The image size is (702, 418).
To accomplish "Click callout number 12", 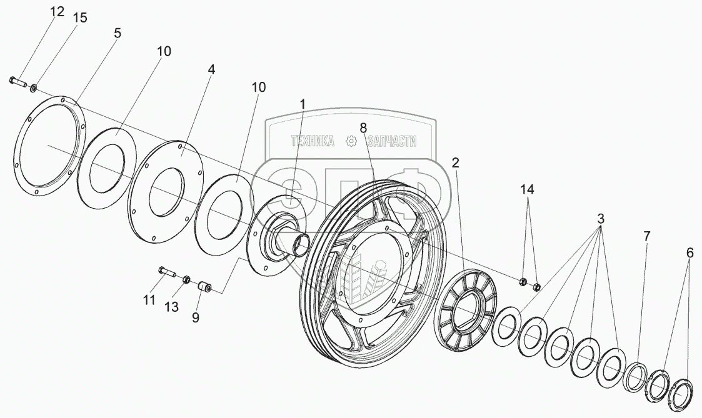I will coord(57,12).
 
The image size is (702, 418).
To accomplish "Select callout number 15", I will coord(79,17).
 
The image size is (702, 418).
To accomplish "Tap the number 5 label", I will coord(117,33).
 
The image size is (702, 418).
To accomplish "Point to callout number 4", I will coord(211,69).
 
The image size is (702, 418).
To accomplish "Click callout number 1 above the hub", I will coord(303,104).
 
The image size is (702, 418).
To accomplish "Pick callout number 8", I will coord(363,128).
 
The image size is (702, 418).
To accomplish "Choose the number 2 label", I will coord(456,163).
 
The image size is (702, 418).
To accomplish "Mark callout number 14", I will coord(529,189).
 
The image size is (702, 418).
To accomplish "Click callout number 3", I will coord(601,219).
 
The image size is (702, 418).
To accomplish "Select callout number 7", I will coord(646,236).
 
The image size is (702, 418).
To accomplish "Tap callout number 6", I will coord(689,252).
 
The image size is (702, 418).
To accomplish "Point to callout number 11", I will coord(148,300).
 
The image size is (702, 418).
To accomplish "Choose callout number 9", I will coord(196,317).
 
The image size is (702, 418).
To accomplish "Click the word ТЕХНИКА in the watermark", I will coord(313,142).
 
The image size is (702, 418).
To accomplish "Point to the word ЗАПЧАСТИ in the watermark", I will coord(391,142).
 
